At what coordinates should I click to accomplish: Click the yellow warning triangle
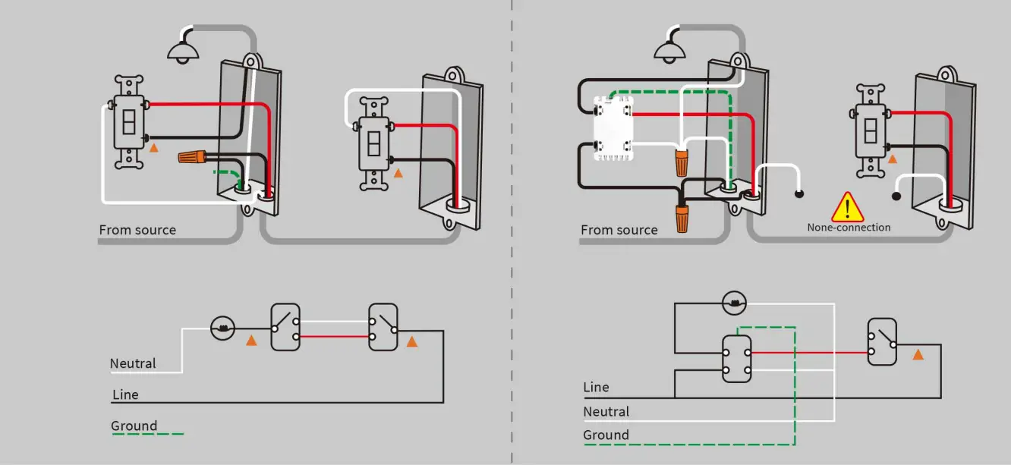tap(848, 207)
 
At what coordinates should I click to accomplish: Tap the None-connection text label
tap(849, 228)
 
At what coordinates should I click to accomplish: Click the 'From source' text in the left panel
tap(137, 230)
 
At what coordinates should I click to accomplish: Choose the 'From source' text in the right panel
tap(619, 230)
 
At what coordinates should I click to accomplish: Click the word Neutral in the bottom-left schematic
tap(133, 363)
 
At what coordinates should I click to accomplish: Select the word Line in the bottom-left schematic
tap(125, 394)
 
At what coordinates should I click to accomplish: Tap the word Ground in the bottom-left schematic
tap(134, 426)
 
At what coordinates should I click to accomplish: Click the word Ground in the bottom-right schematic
tap(606, 435)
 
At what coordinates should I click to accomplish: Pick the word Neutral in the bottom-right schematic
tap(606, 411)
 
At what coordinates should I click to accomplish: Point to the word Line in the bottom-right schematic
tap(596, 387)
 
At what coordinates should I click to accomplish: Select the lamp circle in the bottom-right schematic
tap(735, 304)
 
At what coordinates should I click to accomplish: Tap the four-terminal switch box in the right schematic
tap(736, 359)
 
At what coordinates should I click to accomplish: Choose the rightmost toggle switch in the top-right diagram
tap(871, 130)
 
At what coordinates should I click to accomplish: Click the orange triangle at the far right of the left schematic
tap(412, 342)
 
